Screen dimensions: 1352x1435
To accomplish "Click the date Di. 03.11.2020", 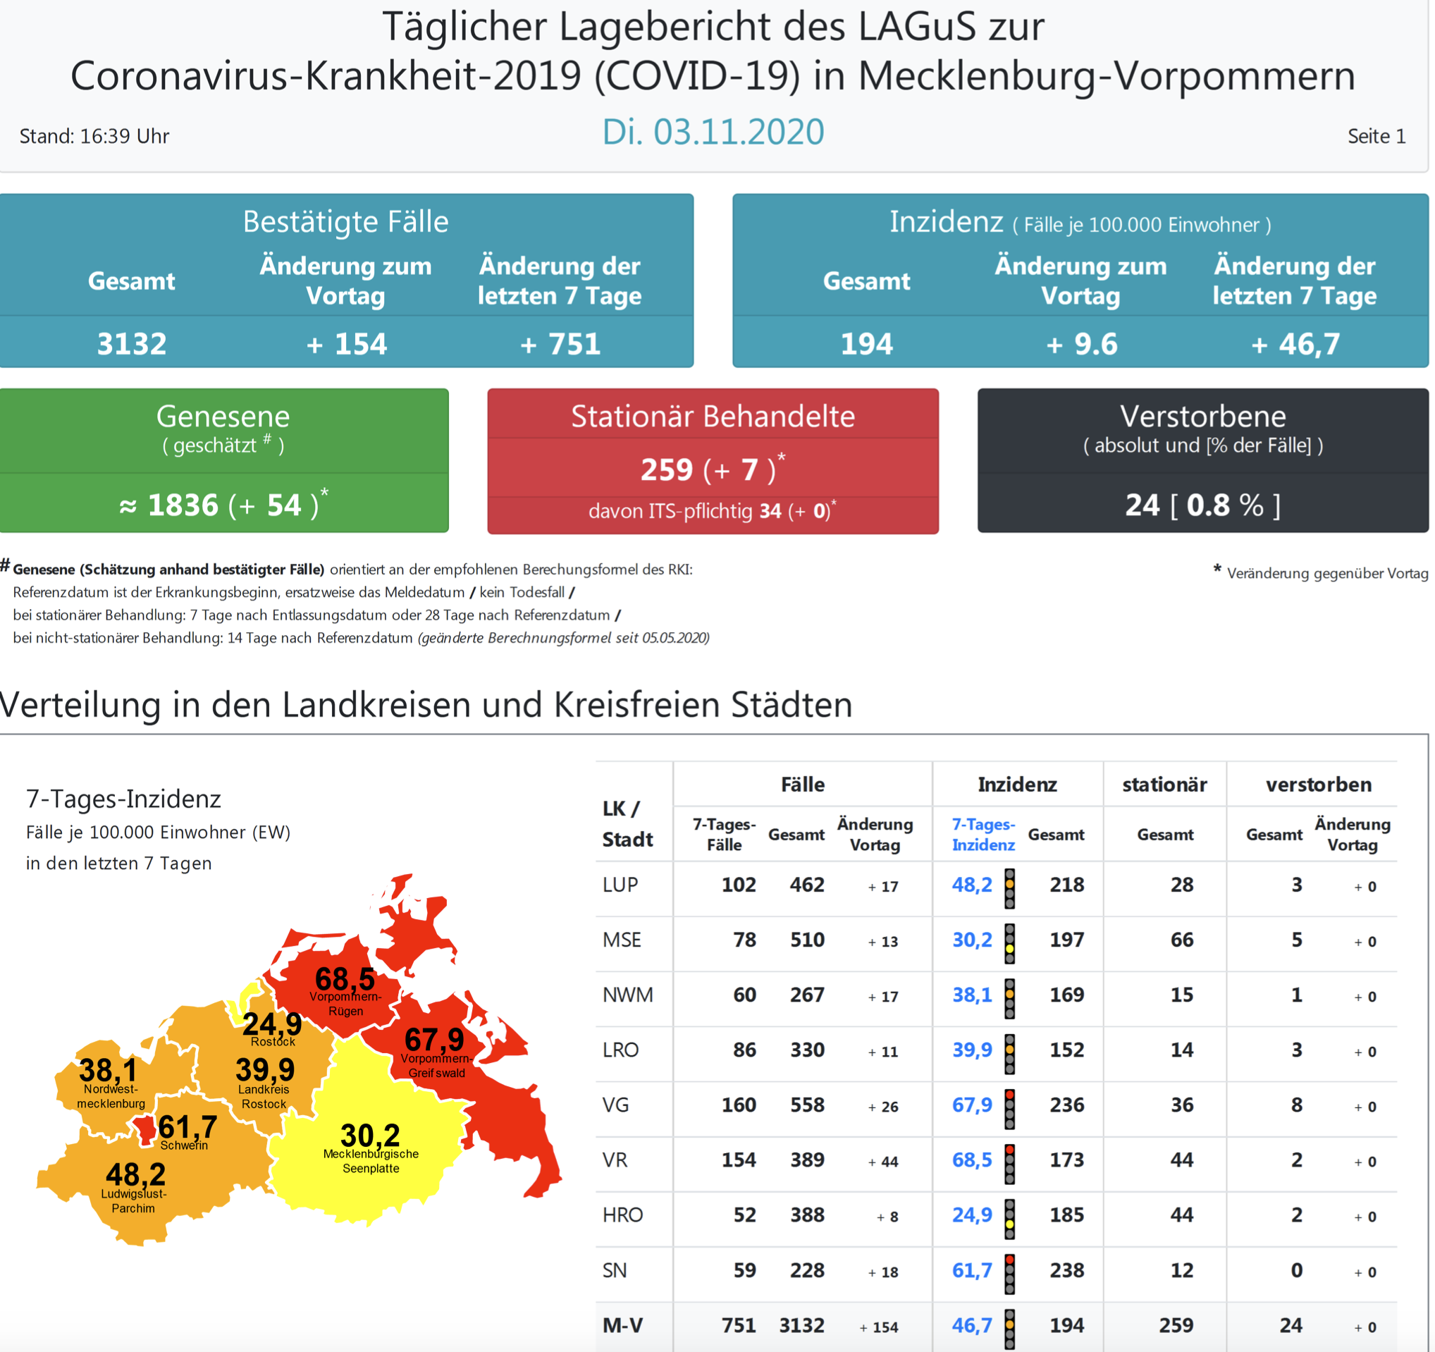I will [713, 132].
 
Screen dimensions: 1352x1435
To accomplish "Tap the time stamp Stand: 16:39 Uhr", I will [94, 137].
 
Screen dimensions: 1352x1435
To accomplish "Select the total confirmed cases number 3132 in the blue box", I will [131, 343].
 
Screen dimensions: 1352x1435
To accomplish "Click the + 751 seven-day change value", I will [560, 343].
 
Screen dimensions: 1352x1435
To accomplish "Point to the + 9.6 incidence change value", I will [1081, 343].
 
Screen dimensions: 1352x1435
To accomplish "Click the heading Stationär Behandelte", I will [713, 417].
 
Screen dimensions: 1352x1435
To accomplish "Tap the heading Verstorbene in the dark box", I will [1202, 417].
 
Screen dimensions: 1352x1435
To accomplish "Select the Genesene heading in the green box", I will [223, 417].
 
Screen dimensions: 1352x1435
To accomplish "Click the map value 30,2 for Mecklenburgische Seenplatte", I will [369, 1135].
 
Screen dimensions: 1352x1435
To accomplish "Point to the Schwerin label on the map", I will [184, 1145].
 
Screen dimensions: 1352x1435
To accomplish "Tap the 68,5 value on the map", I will [345, 979].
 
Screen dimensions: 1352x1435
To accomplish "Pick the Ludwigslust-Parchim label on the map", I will [133, 1201].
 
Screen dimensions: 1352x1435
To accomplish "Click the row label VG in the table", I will [616, 1105].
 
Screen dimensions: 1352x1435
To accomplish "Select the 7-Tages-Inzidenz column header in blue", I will [983, 835].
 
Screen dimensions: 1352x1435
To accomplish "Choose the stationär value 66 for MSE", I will [1182, 940].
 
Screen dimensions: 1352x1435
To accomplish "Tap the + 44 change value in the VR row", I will [883, 1162].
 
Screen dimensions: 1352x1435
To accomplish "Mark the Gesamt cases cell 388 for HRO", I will [807, 1215].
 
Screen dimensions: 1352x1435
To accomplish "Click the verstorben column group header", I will [1318, 785].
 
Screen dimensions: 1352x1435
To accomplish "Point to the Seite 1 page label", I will [1376, 137].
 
